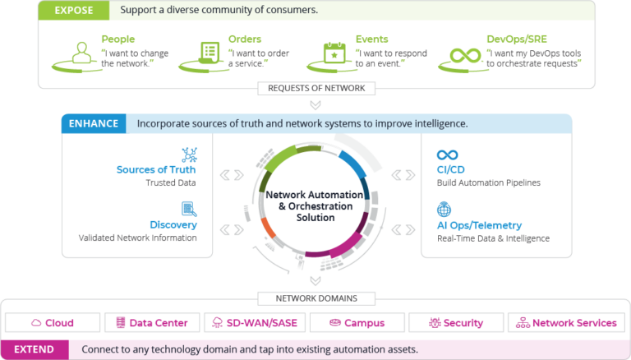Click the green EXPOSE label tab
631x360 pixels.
tap(73, 12)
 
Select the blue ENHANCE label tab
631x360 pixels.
tap(91, 124)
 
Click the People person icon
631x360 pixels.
tap(81, 53)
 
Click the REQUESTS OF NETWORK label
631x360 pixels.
tap(315, 88)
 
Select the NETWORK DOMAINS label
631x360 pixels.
tap(315, 298)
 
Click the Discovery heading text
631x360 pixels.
tap(175, 224)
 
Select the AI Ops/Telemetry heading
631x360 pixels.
tap(479, 224)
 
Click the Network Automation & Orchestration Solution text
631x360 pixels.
tap(315, 206)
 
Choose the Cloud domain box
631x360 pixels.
tap(53, 323)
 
